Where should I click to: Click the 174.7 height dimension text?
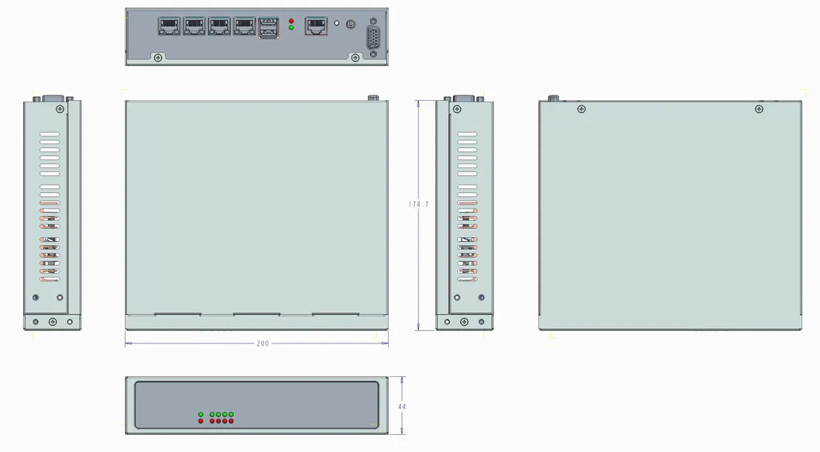(x=419, y=205)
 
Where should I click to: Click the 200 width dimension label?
(x=262, y=343)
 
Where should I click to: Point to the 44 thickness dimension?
(x=402, y=406)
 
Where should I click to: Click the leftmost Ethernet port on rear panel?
(x=170, y=26)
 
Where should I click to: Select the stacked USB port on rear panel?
(x=269, y=28)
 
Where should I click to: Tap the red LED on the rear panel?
(x=291, y=20)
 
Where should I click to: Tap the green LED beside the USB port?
(x=291, y=28)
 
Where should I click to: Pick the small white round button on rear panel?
(x=336, y=24)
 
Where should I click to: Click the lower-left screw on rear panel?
(x=159, y=57)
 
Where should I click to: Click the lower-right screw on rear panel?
(x=355, y=57)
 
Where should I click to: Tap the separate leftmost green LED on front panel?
(x=201, y=415)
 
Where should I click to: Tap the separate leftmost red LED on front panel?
(x=201, y=421)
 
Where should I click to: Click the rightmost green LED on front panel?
(x=231, y=415)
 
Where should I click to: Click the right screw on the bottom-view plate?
(x=759, y=109)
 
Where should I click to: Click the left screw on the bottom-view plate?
(x=582, y=109)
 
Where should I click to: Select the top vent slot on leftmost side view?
(x=50, y=135)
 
